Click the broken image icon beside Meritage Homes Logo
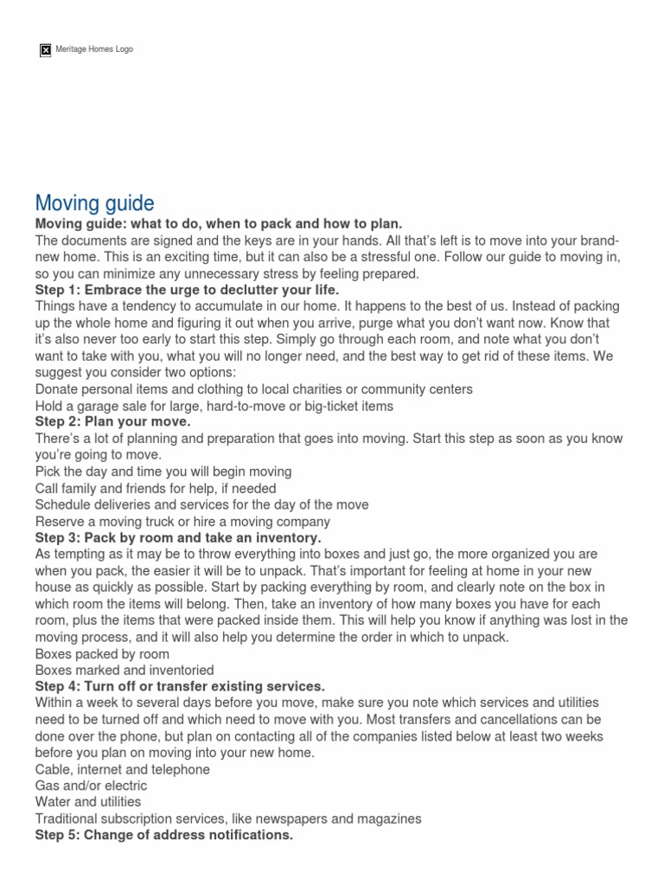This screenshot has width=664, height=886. click(x=46, y=49)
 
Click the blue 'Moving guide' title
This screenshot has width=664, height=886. click(x=94, y=203)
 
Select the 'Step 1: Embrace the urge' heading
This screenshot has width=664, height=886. click(x=187, y=290)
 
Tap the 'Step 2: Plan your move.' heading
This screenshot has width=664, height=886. click(x=112, y=421)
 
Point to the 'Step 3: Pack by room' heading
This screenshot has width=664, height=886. click(x=177, y=537)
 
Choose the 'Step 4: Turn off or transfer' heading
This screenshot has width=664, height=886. click(x=180, y=686)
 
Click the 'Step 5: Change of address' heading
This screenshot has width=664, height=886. click(x=163, y=835)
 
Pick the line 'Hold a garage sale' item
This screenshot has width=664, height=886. click(x=214, y=405)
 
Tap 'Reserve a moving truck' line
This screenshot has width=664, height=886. click(x=182, y=521)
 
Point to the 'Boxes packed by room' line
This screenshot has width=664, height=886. click(x=102, y=653)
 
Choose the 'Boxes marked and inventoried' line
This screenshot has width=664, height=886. click(x=124, y=670)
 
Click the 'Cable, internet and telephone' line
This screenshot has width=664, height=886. click(x=122, y=769)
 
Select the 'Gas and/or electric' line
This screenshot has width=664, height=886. click(x=91, y=786)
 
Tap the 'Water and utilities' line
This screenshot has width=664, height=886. click(x=87, y=802)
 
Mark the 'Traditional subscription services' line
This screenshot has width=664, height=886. click(x=227, y=819)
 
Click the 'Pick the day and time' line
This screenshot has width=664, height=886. click(x=163, y=472)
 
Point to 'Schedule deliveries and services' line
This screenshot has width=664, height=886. click(x=201, y=504)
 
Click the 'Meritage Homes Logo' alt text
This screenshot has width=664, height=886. click(x=94, y=49)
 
